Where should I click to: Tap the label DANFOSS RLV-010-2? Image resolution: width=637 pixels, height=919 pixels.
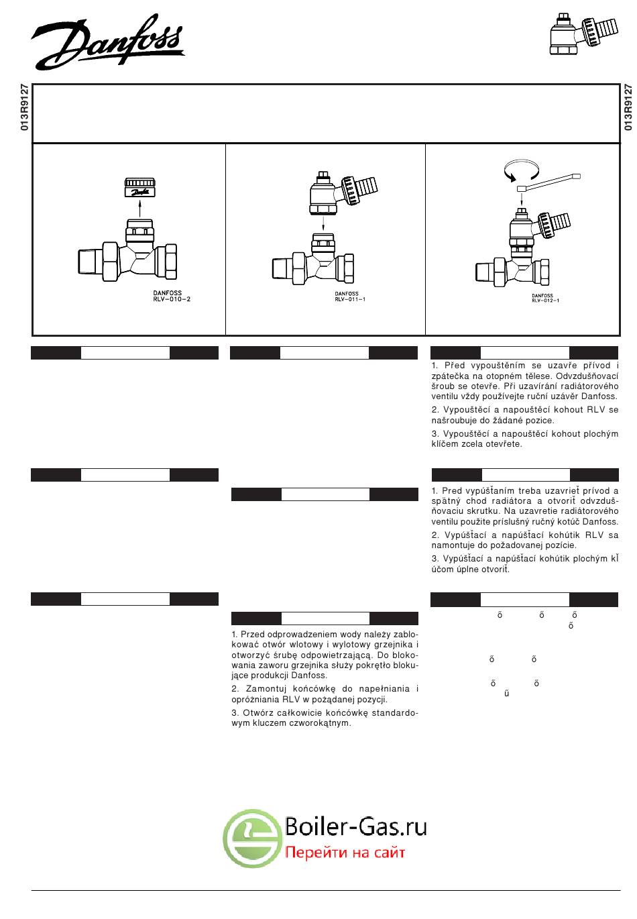(x=172, y=296)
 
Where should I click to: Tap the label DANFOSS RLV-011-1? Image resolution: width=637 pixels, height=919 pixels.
(x=350, y=296)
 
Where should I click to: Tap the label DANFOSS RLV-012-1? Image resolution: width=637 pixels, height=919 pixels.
(x=546, y=297)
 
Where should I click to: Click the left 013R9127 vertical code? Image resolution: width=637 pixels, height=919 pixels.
(x=25, y=107)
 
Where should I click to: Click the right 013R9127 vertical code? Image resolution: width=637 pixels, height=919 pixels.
(x=628, y=107)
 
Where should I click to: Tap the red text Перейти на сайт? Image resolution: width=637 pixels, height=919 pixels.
(x=345, y=853)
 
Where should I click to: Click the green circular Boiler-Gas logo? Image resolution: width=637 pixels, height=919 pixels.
(x=252, y=837)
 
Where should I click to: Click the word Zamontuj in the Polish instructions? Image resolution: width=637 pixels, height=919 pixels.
(x=265, y=689)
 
